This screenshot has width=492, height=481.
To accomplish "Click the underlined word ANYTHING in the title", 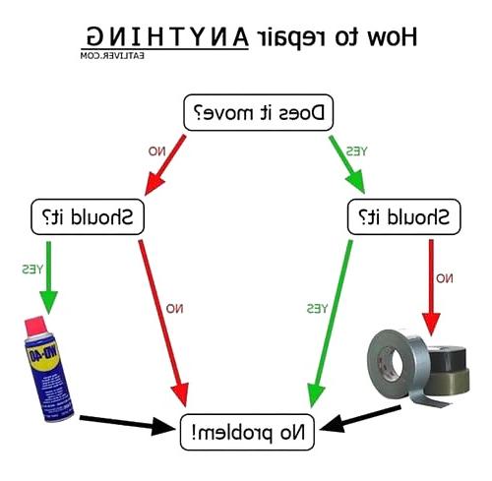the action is tap(167, 36).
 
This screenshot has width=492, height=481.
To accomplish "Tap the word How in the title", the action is tap(393, 36).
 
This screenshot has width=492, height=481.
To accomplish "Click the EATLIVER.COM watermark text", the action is tap(112, 56).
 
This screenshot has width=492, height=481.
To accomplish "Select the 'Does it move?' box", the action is tap(259, 112).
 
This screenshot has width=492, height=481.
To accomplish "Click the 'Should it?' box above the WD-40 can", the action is tap(88, 216).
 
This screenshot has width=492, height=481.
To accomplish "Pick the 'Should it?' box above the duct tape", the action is tap(404, 216).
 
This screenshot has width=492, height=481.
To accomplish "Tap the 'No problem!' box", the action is tap(247, 432).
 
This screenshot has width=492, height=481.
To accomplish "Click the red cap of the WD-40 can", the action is tap(36, 327).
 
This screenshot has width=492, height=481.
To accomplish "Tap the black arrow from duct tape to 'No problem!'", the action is tap(360, 418).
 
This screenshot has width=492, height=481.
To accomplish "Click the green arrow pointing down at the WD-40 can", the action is tap(48, 277).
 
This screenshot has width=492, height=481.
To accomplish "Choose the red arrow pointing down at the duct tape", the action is tap(431, 287).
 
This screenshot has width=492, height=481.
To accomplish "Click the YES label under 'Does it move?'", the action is tap(356, 151).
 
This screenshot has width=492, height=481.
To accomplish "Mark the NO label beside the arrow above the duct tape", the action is tap(445, 278).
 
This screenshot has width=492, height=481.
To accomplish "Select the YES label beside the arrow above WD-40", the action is tap(32, 270).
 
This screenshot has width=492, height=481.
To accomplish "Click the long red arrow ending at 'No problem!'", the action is tap(163, 323).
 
